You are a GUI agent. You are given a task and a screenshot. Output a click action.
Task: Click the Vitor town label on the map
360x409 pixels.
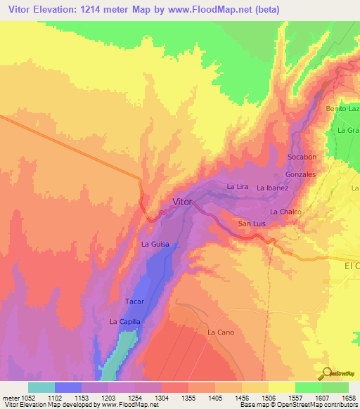click(181, 202)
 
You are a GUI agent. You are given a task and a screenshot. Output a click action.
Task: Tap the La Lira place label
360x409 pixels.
click(238, 187)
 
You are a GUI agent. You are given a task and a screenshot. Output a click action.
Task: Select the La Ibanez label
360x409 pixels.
click(272, 188)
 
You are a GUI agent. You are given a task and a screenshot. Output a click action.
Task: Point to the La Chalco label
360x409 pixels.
click(285, 212)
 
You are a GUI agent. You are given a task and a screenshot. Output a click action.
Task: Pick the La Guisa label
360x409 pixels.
click(155, 245)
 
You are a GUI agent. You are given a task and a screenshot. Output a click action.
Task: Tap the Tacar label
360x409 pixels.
click(134, 301)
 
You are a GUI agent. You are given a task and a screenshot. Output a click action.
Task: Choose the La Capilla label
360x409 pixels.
click(125, 321)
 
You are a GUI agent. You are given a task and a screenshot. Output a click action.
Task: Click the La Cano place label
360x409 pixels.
click(220, 332)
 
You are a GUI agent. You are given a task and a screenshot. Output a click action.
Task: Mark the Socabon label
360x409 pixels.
click(302, 157)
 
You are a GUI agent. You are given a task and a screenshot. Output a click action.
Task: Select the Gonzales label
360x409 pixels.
click(300, 174)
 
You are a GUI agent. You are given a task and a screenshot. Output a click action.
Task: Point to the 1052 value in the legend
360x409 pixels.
click(21, 398)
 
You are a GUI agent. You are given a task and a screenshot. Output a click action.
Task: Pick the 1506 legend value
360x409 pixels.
click(269, 398)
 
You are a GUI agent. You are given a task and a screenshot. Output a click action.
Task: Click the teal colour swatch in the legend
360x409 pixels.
click(41, 387)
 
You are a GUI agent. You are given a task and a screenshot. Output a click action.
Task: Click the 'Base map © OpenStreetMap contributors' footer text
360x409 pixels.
click(299, 405)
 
